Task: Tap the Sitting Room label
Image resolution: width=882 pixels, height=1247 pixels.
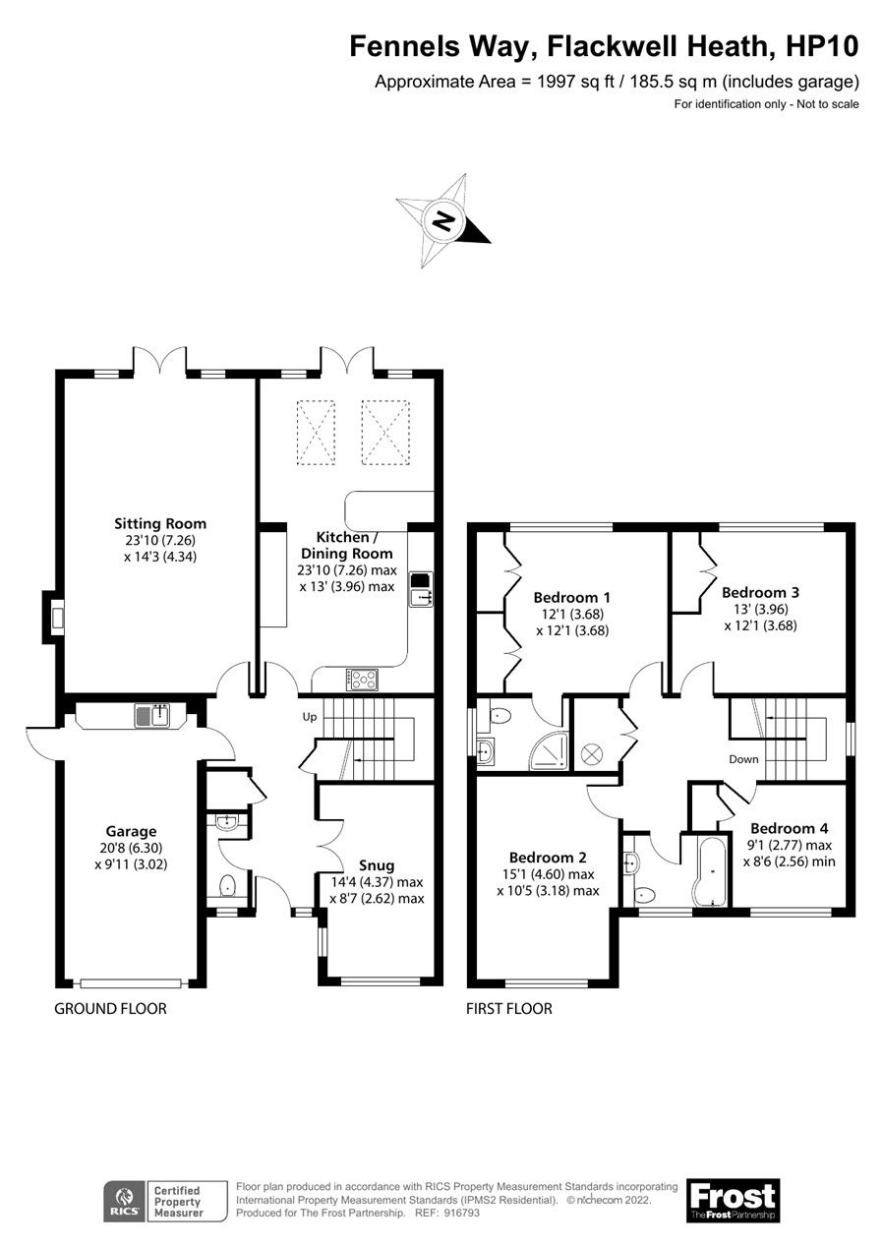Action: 160,523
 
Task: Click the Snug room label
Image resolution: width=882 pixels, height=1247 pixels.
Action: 378,864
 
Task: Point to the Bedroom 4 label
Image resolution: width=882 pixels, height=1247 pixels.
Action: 783,828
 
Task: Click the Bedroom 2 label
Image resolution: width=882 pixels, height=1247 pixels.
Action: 548,858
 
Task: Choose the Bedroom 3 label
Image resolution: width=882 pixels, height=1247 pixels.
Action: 760,592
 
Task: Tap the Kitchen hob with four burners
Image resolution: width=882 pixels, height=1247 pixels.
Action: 362,678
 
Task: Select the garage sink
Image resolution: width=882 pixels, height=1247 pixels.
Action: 153,715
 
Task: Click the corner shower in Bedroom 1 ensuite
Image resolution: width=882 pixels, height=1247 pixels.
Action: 549,752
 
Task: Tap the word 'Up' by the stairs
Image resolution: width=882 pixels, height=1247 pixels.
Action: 309,717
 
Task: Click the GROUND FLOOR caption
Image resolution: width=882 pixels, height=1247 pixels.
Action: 110,1008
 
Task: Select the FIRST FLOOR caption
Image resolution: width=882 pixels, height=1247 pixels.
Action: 509,1008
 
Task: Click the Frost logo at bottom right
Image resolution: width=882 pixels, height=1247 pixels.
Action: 733,1200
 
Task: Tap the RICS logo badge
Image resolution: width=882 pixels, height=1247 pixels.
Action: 125,1201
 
